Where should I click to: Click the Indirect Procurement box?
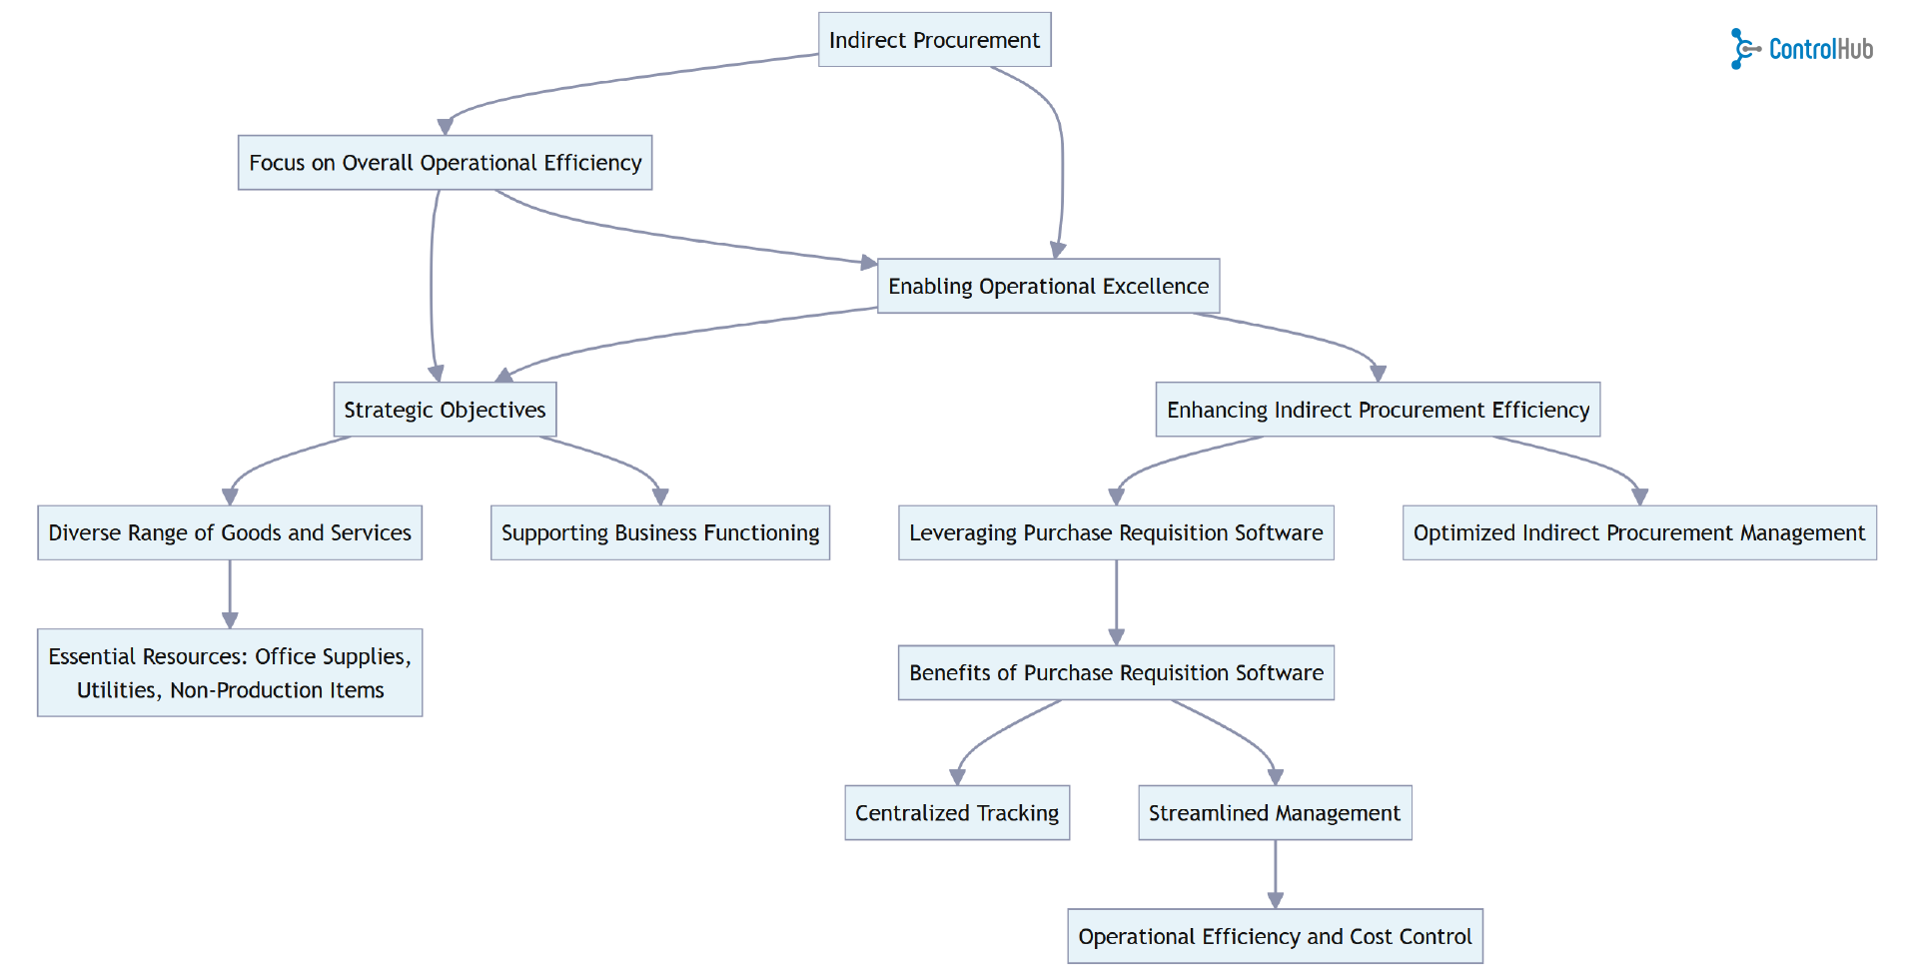click(x=934, y=40)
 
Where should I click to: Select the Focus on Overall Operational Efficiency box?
click(x=445, y=163)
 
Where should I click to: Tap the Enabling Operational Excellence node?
click(x=1048, y=287)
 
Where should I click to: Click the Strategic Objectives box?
click(x=445, y=410)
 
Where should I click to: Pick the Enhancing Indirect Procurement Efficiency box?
click(x=1378, y=410)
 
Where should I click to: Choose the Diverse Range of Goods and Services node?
click(x=230, y=532)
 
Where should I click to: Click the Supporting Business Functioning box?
click(x=659, y=532)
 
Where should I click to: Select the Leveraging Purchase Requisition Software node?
click(x=1116, y=532)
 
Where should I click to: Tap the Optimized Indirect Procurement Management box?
click(x=1638, y=532)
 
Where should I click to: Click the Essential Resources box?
click(x=230, y=672)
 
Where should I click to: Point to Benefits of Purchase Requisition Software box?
click(x=1116, y=672)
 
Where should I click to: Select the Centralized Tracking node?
click(x=957, y=813)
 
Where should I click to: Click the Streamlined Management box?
click(x=1274, y=813)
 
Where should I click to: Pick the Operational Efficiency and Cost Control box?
click(x=1275, y=936)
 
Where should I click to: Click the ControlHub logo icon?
click(x=1743, y=49)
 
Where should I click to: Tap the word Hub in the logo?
click(x=1853, y=49)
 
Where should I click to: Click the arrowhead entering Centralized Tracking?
click(x=957, y=776)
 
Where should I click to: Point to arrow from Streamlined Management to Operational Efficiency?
click(x=1275, y=874)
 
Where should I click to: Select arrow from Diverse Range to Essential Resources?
click(x=230, y=594)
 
